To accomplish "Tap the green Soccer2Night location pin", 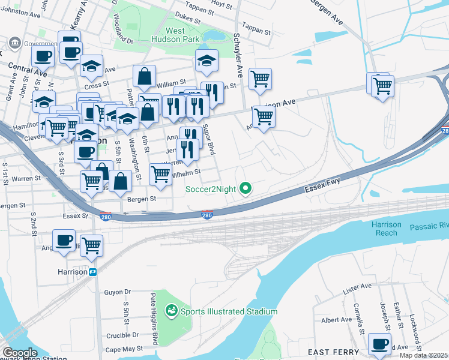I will click(245, 190).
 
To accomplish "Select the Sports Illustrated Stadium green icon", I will click(172, 311).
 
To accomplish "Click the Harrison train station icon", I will click(93, 272).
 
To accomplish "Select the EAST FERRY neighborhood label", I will click(333, 352).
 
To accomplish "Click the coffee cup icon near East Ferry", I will click(379, 344).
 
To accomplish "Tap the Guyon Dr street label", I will click(117, 292).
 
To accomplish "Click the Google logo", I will click(20, 353).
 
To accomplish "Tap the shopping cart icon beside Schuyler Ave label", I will click(260, 78).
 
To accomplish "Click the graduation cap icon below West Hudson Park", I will click(206, 61).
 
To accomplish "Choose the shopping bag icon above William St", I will click(145, 76).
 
